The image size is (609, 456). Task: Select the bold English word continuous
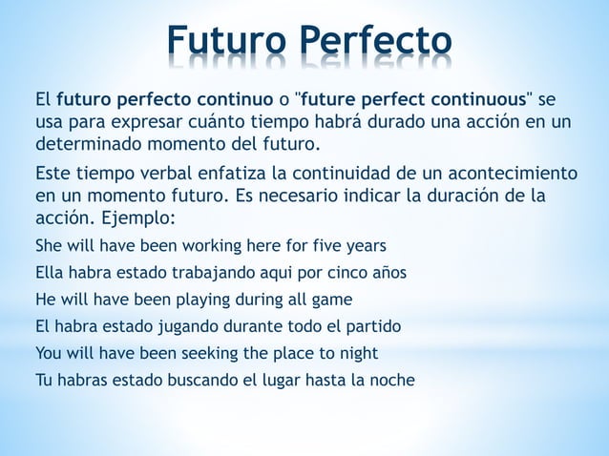pos(473,99)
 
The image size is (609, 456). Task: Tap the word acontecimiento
pos(505,174)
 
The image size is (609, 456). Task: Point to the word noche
pos(392,381)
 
